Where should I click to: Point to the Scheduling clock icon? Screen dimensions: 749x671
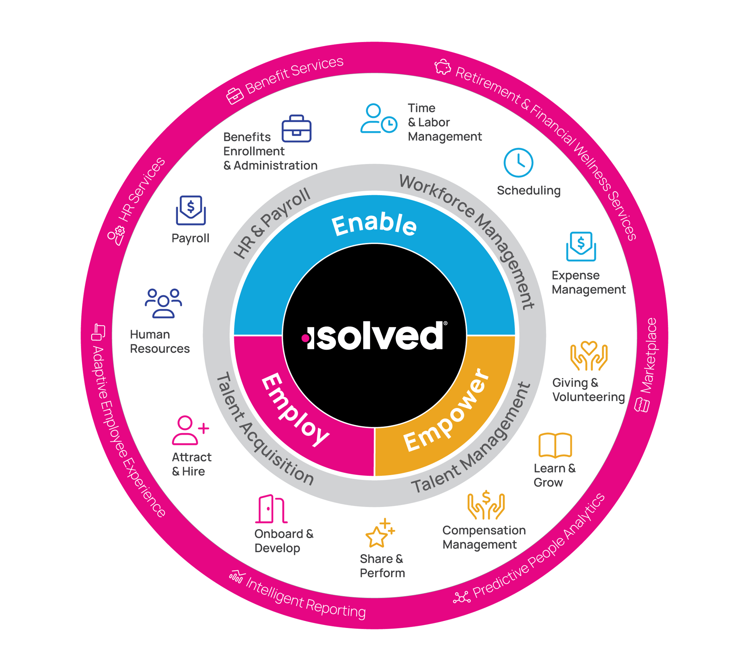[518, 163]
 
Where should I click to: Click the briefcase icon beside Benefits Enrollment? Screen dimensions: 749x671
[296, 129]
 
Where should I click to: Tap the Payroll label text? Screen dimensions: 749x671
[190, 238]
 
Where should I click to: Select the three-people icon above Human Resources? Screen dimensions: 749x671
[163, 303]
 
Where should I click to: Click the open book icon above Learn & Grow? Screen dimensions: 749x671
[555, 445]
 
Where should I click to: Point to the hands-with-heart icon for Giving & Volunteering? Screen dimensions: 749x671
[589, 356]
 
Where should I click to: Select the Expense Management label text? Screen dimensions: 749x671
[588, 282]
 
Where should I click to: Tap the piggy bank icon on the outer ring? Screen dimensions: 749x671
[443, 67]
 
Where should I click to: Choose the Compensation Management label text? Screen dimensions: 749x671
[484, 537]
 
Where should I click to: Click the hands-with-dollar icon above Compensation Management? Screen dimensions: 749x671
[486, 505]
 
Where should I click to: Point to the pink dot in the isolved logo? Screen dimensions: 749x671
[306, 338]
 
